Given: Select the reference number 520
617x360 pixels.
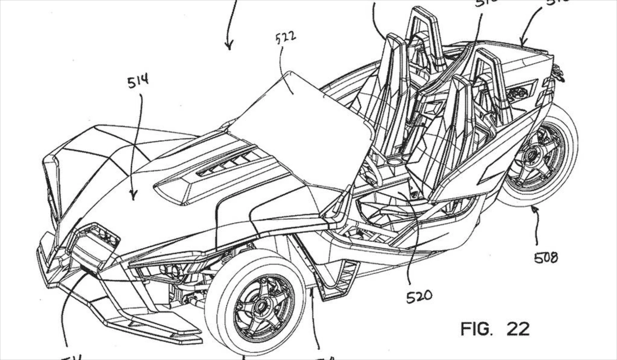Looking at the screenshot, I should (x=419, y=296).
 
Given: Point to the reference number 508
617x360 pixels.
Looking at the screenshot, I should (x=546, y=258).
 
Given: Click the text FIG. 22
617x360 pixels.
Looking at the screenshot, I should (x=495, y=329).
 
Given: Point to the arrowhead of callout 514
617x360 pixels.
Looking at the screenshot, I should (x=133, y=197).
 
